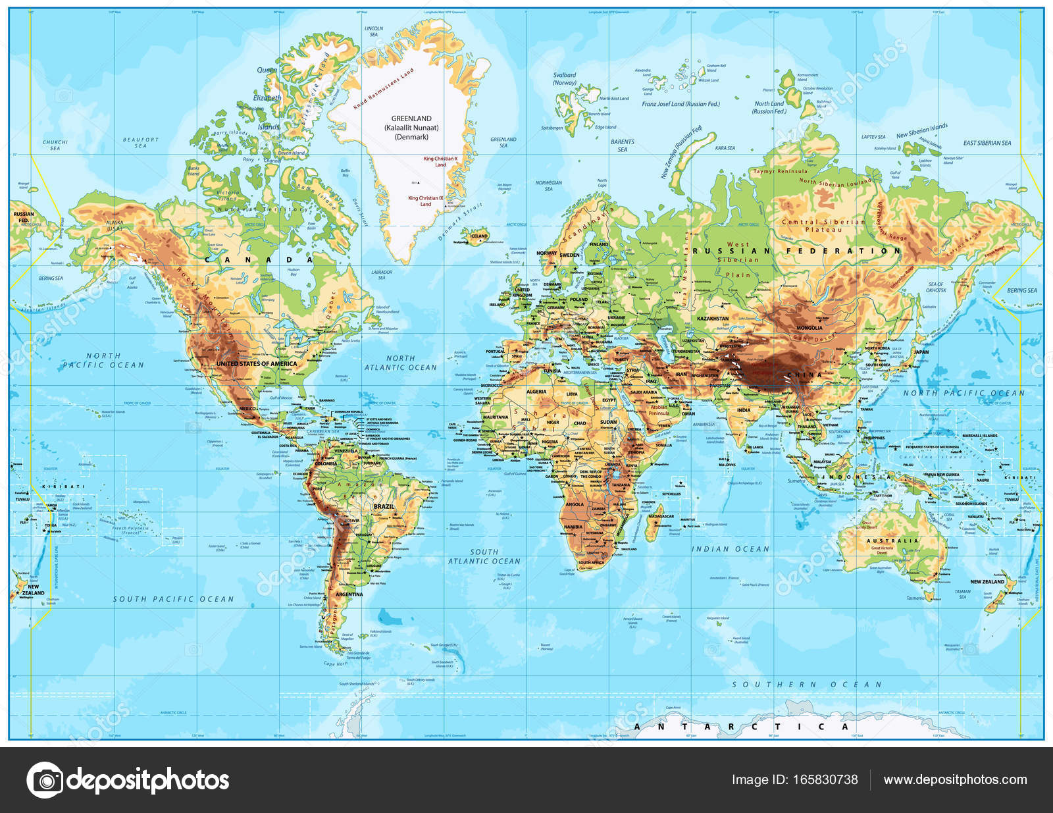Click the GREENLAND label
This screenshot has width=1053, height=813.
pyautogui.click(x=411, y=119)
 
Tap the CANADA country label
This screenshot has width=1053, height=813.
pyautogui.click(x=259, y=260)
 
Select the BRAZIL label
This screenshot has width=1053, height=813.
pyautogui.click(x=384, y=506)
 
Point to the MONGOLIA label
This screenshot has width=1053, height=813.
pyautogui.click(x=809, y=327)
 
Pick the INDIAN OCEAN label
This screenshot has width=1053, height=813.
pyautogui.click(x=730, y=548)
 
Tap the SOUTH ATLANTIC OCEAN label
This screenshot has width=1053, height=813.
pyautogui.click(x=484, y=556)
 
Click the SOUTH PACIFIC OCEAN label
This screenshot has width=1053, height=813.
pyautogui.click(x=173, y=599)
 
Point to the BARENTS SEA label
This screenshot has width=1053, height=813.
pyautogui.click(x=622, y=145)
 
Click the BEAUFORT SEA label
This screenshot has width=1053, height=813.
pyautogui.click(x=141, y=142)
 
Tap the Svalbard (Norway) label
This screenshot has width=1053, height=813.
pyautogui.click(x=564, y=79)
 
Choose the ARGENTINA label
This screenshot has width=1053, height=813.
pyautogui.click(x=349, y=594)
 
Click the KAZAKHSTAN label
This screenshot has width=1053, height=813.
pyautogui.click(x=712, y=318)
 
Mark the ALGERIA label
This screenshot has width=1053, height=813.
pyautogui.click(x=536, y=392)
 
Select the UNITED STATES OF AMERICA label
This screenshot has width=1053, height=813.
pyautogui.click(x=257, y=363)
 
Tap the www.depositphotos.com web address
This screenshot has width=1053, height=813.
pyautogui.click(x=955, y=779)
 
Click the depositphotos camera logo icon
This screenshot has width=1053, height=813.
pyautogui.click(x=45, y=780)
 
